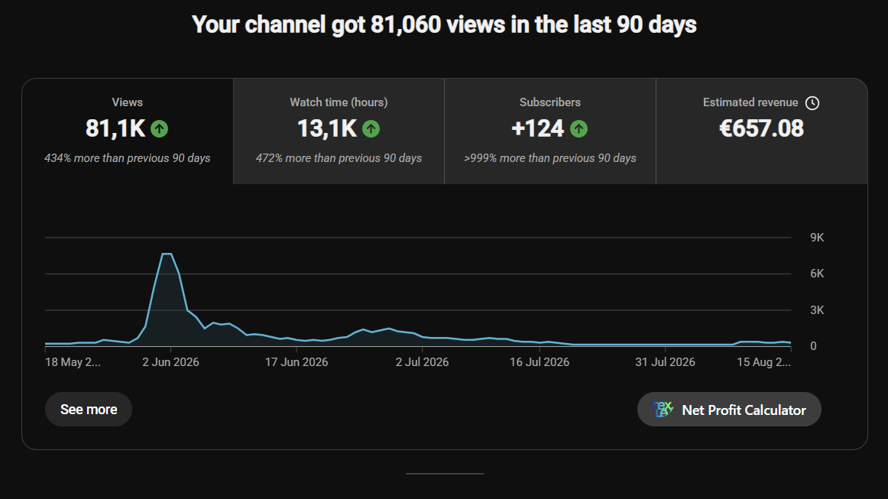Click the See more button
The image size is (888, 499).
click(x=89, y=409)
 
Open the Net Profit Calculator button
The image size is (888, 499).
click(x=729, y=410)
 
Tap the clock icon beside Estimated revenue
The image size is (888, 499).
click(x=812, y=103)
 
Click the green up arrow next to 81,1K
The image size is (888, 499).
click(x=160, y=129)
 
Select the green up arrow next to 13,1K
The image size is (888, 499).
click(x=371, y=129)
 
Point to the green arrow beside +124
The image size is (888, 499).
click(x=578, y=129)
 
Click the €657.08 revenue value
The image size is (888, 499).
click(x=761, y=128)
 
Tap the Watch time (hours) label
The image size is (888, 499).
click(x=339, y=102)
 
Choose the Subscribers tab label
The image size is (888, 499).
click(x=550, y=102)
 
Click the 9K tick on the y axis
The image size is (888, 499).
click(x=817, y=238)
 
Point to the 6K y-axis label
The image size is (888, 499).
click(x=817, y=274)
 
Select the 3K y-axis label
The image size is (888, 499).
click(x=817, y=309)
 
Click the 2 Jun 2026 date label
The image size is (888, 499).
click(x=170, y=362)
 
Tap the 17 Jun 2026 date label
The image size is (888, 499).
click(x=297, y=362)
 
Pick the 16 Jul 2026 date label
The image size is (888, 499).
click(x=540, y=362)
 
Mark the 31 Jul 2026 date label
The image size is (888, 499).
click(x=665, y=362)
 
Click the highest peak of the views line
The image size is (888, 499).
click(x=167, y=254)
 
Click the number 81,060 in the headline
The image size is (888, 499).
click(x=406, y=25)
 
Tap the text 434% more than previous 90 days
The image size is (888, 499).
click(x=128, y=159)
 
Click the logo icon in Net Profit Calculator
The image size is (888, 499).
click(x=663, y=409)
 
